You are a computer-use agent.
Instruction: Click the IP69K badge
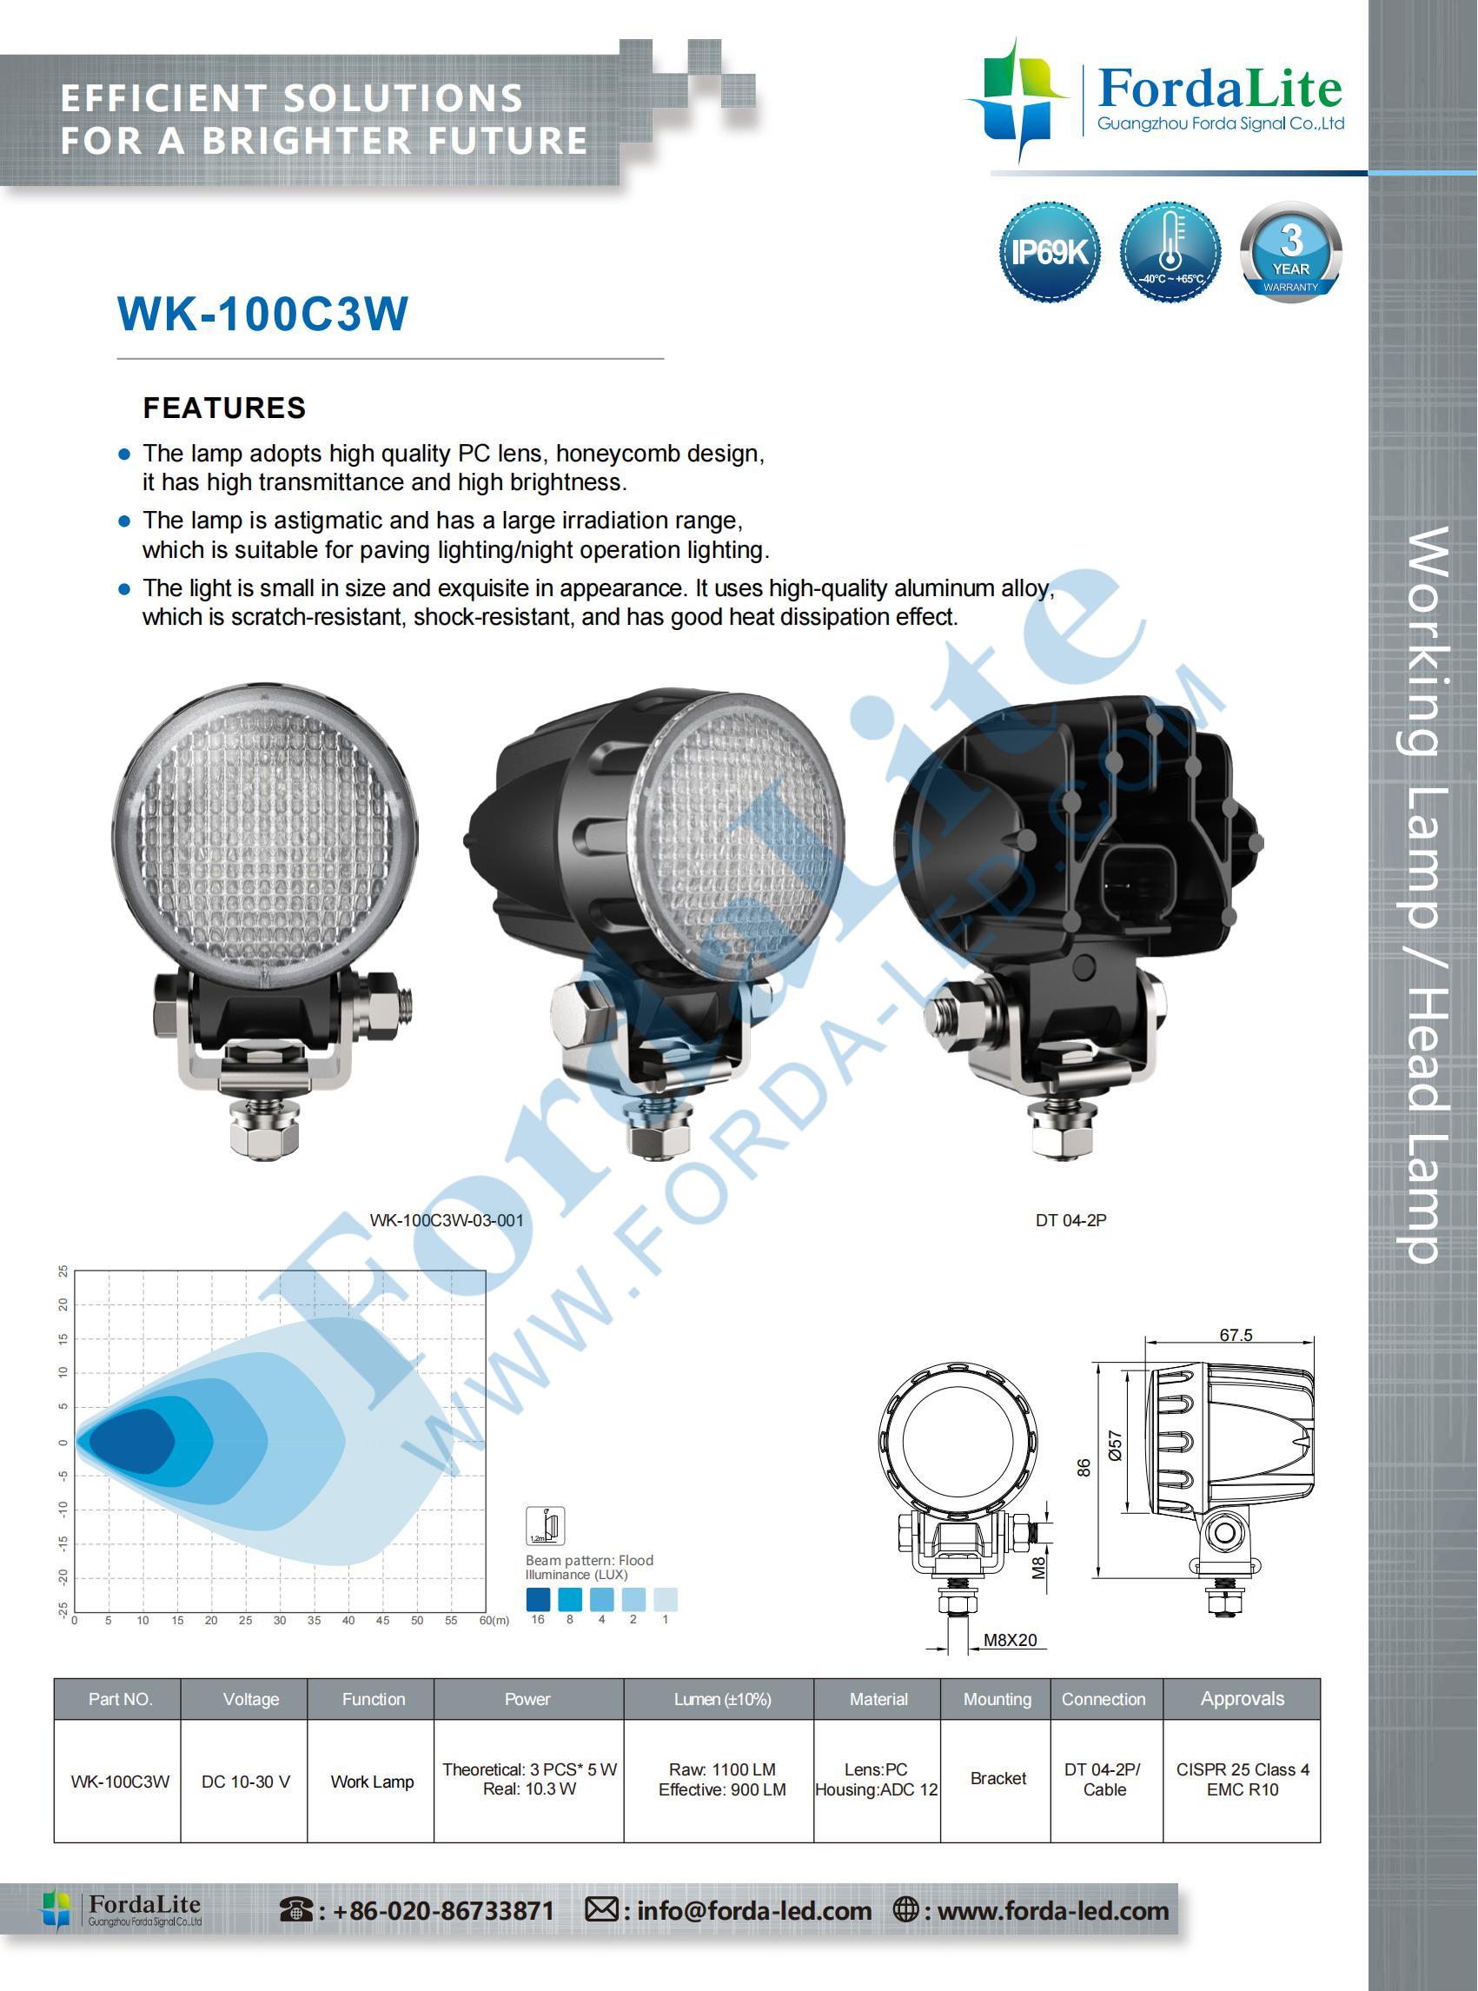point(1049,251)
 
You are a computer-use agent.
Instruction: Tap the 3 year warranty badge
point(1291,251)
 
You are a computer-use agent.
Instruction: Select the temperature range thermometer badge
point(1170,251)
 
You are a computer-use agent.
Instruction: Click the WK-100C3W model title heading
point(263,314)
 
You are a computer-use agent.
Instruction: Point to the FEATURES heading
point(224,408)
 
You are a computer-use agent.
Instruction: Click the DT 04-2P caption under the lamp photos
point(1071,1220)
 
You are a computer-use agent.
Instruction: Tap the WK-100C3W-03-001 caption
point(447,1220)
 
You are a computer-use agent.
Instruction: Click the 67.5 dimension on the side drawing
point(1236,1335)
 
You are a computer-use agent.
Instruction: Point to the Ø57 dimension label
point(1115,1445)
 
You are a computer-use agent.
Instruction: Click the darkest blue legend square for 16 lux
point(539,1599)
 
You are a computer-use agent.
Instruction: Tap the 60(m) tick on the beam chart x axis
point(494,1621)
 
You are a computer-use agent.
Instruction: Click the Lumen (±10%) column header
point(722,1699)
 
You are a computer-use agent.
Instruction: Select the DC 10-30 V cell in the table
point(246,1782)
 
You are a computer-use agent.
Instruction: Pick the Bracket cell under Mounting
point(998,1778)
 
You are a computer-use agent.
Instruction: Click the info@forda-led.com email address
point(754,1910)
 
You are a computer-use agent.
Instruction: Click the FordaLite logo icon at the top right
point(1017,98)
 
